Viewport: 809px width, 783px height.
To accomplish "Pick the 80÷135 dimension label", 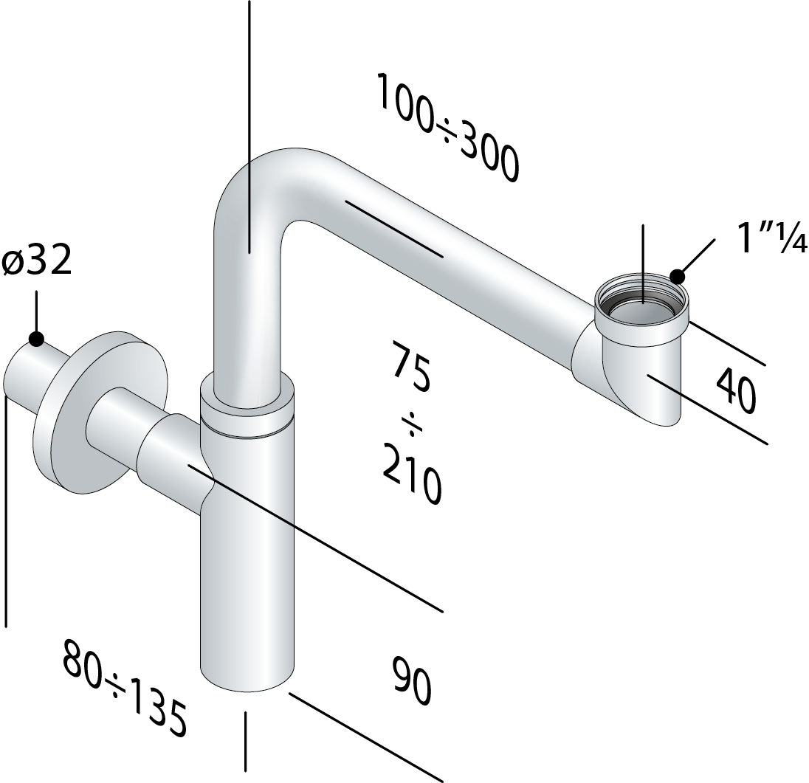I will click(124, 688).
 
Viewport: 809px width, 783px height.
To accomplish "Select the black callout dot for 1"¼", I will click(677, 277).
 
